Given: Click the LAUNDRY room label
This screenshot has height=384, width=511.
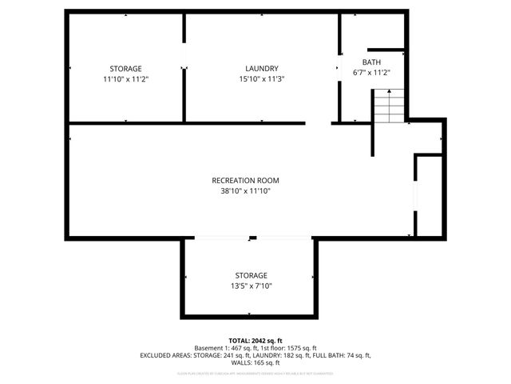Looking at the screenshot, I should [x=262, y=69].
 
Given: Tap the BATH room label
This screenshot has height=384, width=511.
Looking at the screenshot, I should [x=371, y=62].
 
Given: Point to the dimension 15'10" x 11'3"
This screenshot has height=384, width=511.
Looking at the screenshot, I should [x=262, y=79].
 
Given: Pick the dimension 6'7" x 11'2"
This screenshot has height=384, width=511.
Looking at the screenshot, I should [x=371, y=73].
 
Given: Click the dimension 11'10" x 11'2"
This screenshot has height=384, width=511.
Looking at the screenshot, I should [x=125, y=79].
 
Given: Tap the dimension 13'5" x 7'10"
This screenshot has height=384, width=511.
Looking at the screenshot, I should [x=251, y=286].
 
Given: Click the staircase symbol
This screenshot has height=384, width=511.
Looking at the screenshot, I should [x=390, y=106].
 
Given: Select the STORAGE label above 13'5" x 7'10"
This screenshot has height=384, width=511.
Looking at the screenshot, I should [x=251, y=275].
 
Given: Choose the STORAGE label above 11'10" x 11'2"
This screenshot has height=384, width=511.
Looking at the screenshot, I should [x=125, y=69].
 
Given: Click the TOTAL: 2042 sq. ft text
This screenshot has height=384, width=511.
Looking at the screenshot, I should [x=255, y=341].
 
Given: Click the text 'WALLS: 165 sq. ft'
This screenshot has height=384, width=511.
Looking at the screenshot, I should [x=255, y=362].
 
